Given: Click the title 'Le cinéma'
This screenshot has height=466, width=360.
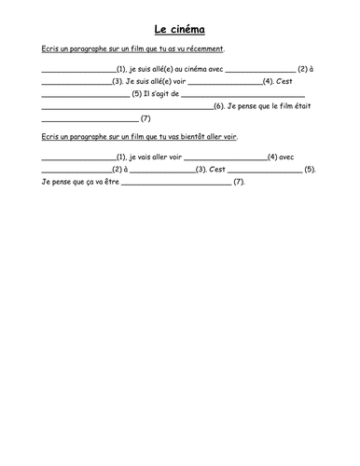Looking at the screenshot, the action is pyautogui.click(x=180, y=29).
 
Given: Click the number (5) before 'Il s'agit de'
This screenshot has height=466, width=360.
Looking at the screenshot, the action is pyautogui.click(x=137, y=94).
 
